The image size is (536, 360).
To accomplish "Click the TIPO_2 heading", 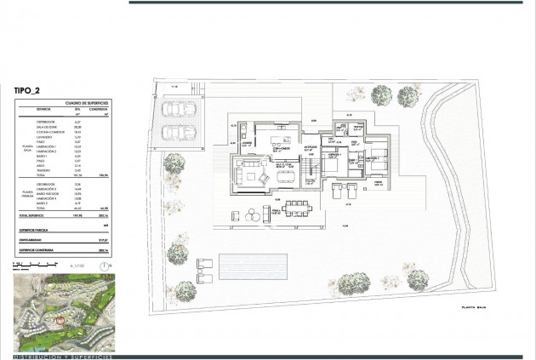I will pos(32,88).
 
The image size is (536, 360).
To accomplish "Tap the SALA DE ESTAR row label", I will pos(46,127).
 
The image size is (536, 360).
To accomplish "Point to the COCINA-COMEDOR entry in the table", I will pos(48,132).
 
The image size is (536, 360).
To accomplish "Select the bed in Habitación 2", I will pos(375,157).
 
